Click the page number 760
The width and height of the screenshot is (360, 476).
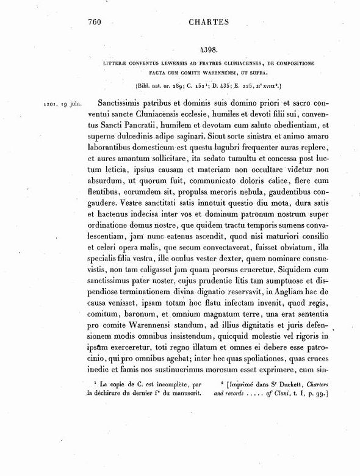click(92, 23)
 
